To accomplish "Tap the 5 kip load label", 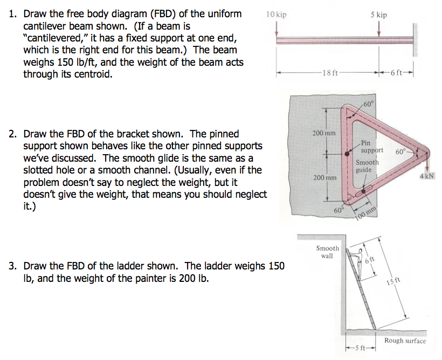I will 378,15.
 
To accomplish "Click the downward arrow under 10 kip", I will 277,31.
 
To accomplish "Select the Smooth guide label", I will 367,166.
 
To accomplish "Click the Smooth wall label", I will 327,252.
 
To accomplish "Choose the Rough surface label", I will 404,341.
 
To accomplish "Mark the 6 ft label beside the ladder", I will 369,260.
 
